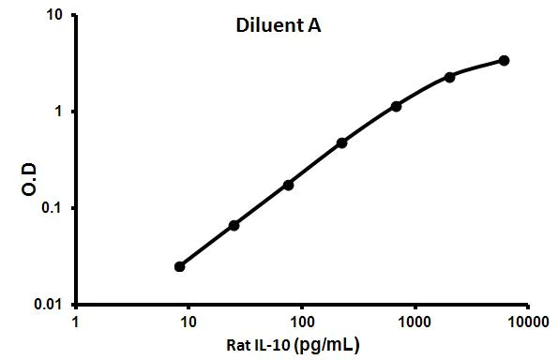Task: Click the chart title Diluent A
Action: pyautogui.click(x=278, y=26)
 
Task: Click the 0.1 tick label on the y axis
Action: pyautogui.click(x=56, y=208)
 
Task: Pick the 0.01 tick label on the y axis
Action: pyautogui.click(x=53, y=305)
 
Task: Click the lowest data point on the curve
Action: pyautogui.click(x=180, y=266)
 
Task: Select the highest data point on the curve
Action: pyautogui.click(x=505, y=60)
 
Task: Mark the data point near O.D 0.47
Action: pyautogui.click(x=341, y=142)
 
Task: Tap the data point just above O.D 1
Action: pyautogui.click(x=397, y=106)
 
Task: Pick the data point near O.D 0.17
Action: pyautogui.click(x=288, y=185)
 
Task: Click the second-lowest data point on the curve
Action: pyautogui.click(x=234, y=225)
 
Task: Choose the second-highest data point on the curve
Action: pyautogui.click(x=450, y=77)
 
